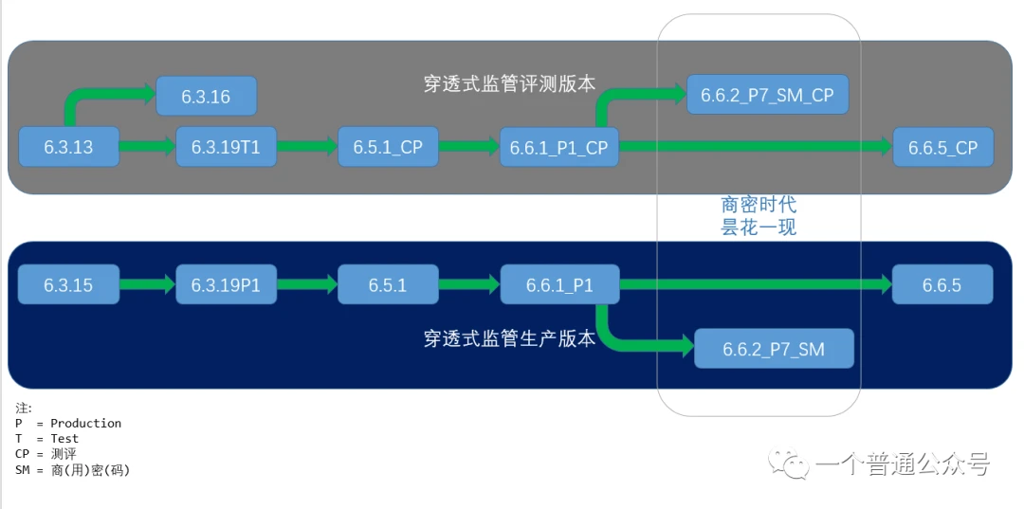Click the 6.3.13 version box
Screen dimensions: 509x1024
pos(69,147)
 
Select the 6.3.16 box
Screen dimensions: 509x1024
pos(206,97)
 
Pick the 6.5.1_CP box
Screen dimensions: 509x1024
pos(388,147)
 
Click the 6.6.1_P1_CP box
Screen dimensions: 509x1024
pos(558,147)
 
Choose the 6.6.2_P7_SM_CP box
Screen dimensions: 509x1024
pos(767,95)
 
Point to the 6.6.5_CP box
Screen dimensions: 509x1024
pos(942,148)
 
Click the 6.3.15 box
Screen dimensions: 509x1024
pos(69,284)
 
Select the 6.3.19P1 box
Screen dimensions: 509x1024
pos(226,284)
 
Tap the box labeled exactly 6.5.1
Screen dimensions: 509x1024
pos(388,284)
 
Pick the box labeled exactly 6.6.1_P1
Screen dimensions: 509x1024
pos(558,284)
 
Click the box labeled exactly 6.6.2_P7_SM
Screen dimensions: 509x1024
pos(775,349)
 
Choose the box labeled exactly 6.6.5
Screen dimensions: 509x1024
pos(942,284)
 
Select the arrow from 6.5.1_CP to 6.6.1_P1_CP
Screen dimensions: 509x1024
pos(469,147)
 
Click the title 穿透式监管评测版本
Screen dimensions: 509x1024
pos(509,83)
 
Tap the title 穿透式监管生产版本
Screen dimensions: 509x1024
pos(509,338)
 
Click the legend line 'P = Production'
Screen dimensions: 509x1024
pos(68,423)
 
